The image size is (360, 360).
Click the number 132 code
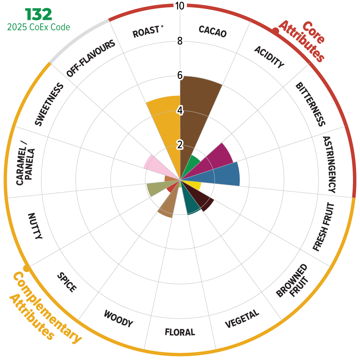39,14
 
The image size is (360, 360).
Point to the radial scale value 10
180,6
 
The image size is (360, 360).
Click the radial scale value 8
180,41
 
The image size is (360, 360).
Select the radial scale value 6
180,75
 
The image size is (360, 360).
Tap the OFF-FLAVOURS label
91,59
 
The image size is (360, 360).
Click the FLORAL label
180,332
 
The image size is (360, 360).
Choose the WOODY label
118,318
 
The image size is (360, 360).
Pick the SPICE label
66,282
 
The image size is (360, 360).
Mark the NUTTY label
35,226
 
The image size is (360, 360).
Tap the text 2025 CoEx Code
39,27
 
